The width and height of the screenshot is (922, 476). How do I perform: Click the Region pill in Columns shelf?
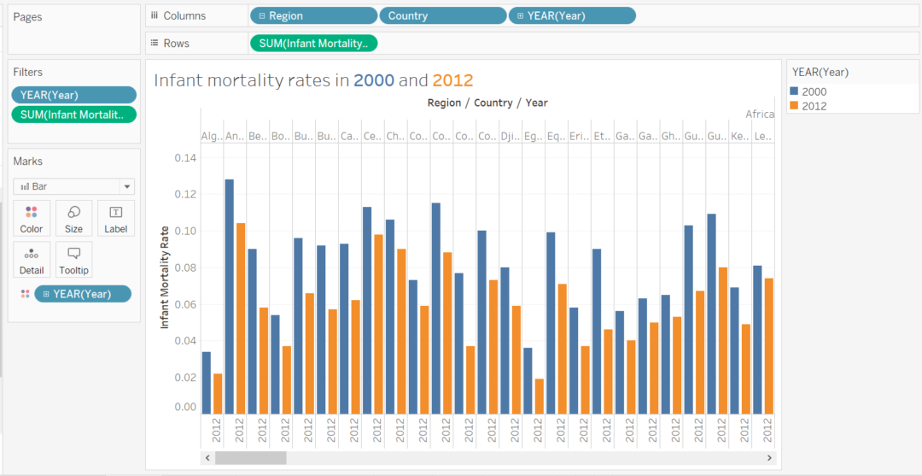(312, 15)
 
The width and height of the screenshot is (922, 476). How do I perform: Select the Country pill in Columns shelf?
(442, 15)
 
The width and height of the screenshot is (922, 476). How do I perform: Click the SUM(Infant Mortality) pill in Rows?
(312, 43)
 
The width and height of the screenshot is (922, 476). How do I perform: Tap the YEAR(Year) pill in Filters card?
(73, 95)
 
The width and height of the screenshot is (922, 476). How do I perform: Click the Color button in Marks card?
(32, 219)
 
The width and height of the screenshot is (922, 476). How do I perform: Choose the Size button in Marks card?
(74, 219)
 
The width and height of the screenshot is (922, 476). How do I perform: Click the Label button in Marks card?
(116, 219)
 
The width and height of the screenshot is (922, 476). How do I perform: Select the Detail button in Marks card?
(32, 260)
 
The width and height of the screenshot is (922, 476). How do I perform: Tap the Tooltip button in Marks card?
(74, 260)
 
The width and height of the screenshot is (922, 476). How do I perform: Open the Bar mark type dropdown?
(73, 186)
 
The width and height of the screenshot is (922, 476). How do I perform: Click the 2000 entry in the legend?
(814, 91)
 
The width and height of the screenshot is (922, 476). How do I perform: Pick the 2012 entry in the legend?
(814, 106)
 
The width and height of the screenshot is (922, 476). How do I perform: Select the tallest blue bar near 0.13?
(229, 296)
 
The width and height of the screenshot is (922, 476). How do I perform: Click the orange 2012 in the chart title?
(452, 80)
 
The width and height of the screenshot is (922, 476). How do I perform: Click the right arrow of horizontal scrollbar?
(769, 458)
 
